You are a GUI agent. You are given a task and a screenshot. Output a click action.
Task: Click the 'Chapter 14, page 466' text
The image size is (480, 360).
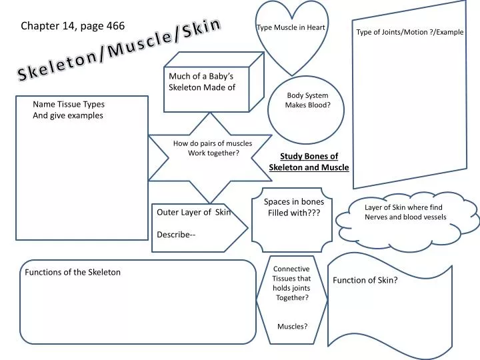(x=73, y=26)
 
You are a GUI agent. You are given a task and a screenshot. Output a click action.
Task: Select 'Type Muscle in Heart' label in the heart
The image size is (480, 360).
(x=291, y=27)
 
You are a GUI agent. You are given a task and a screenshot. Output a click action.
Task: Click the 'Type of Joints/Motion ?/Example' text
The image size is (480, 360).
(x=409, y=32)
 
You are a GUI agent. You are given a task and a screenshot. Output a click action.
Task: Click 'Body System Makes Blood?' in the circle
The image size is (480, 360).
(x=307, y=100)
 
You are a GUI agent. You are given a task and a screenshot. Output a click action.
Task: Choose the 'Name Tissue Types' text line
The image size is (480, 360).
(x=69, y=104)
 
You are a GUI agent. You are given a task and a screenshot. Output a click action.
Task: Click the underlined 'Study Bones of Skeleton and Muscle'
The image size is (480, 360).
(x=309, y=162)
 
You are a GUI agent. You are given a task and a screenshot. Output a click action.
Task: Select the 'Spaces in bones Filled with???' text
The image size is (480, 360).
(x=294, y=207)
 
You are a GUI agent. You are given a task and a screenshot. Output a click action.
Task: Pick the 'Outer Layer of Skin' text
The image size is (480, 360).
(x=193, y=213)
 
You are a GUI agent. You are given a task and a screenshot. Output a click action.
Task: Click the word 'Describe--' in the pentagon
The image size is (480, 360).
(x=176, y=234)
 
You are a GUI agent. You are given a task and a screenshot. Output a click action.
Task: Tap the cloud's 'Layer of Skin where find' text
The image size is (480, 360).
(x=403, y=207)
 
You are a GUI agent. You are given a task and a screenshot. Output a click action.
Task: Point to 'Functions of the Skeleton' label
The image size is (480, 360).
(x=73, y=272)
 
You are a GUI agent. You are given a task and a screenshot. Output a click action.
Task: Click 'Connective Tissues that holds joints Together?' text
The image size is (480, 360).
(x=292, y=283)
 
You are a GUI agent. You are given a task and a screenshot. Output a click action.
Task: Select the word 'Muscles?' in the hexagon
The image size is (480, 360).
(x=292, y=327)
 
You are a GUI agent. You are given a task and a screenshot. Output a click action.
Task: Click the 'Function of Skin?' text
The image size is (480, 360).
(x=365, y=280)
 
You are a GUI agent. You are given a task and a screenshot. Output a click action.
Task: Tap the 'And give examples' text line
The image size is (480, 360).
(x=68, y=115)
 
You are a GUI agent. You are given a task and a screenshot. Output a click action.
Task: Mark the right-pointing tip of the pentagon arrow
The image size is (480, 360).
(x=248, y=228)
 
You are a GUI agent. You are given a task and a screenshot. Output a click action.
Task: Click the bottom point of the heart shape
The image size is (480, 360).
(x=291, y=75)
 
